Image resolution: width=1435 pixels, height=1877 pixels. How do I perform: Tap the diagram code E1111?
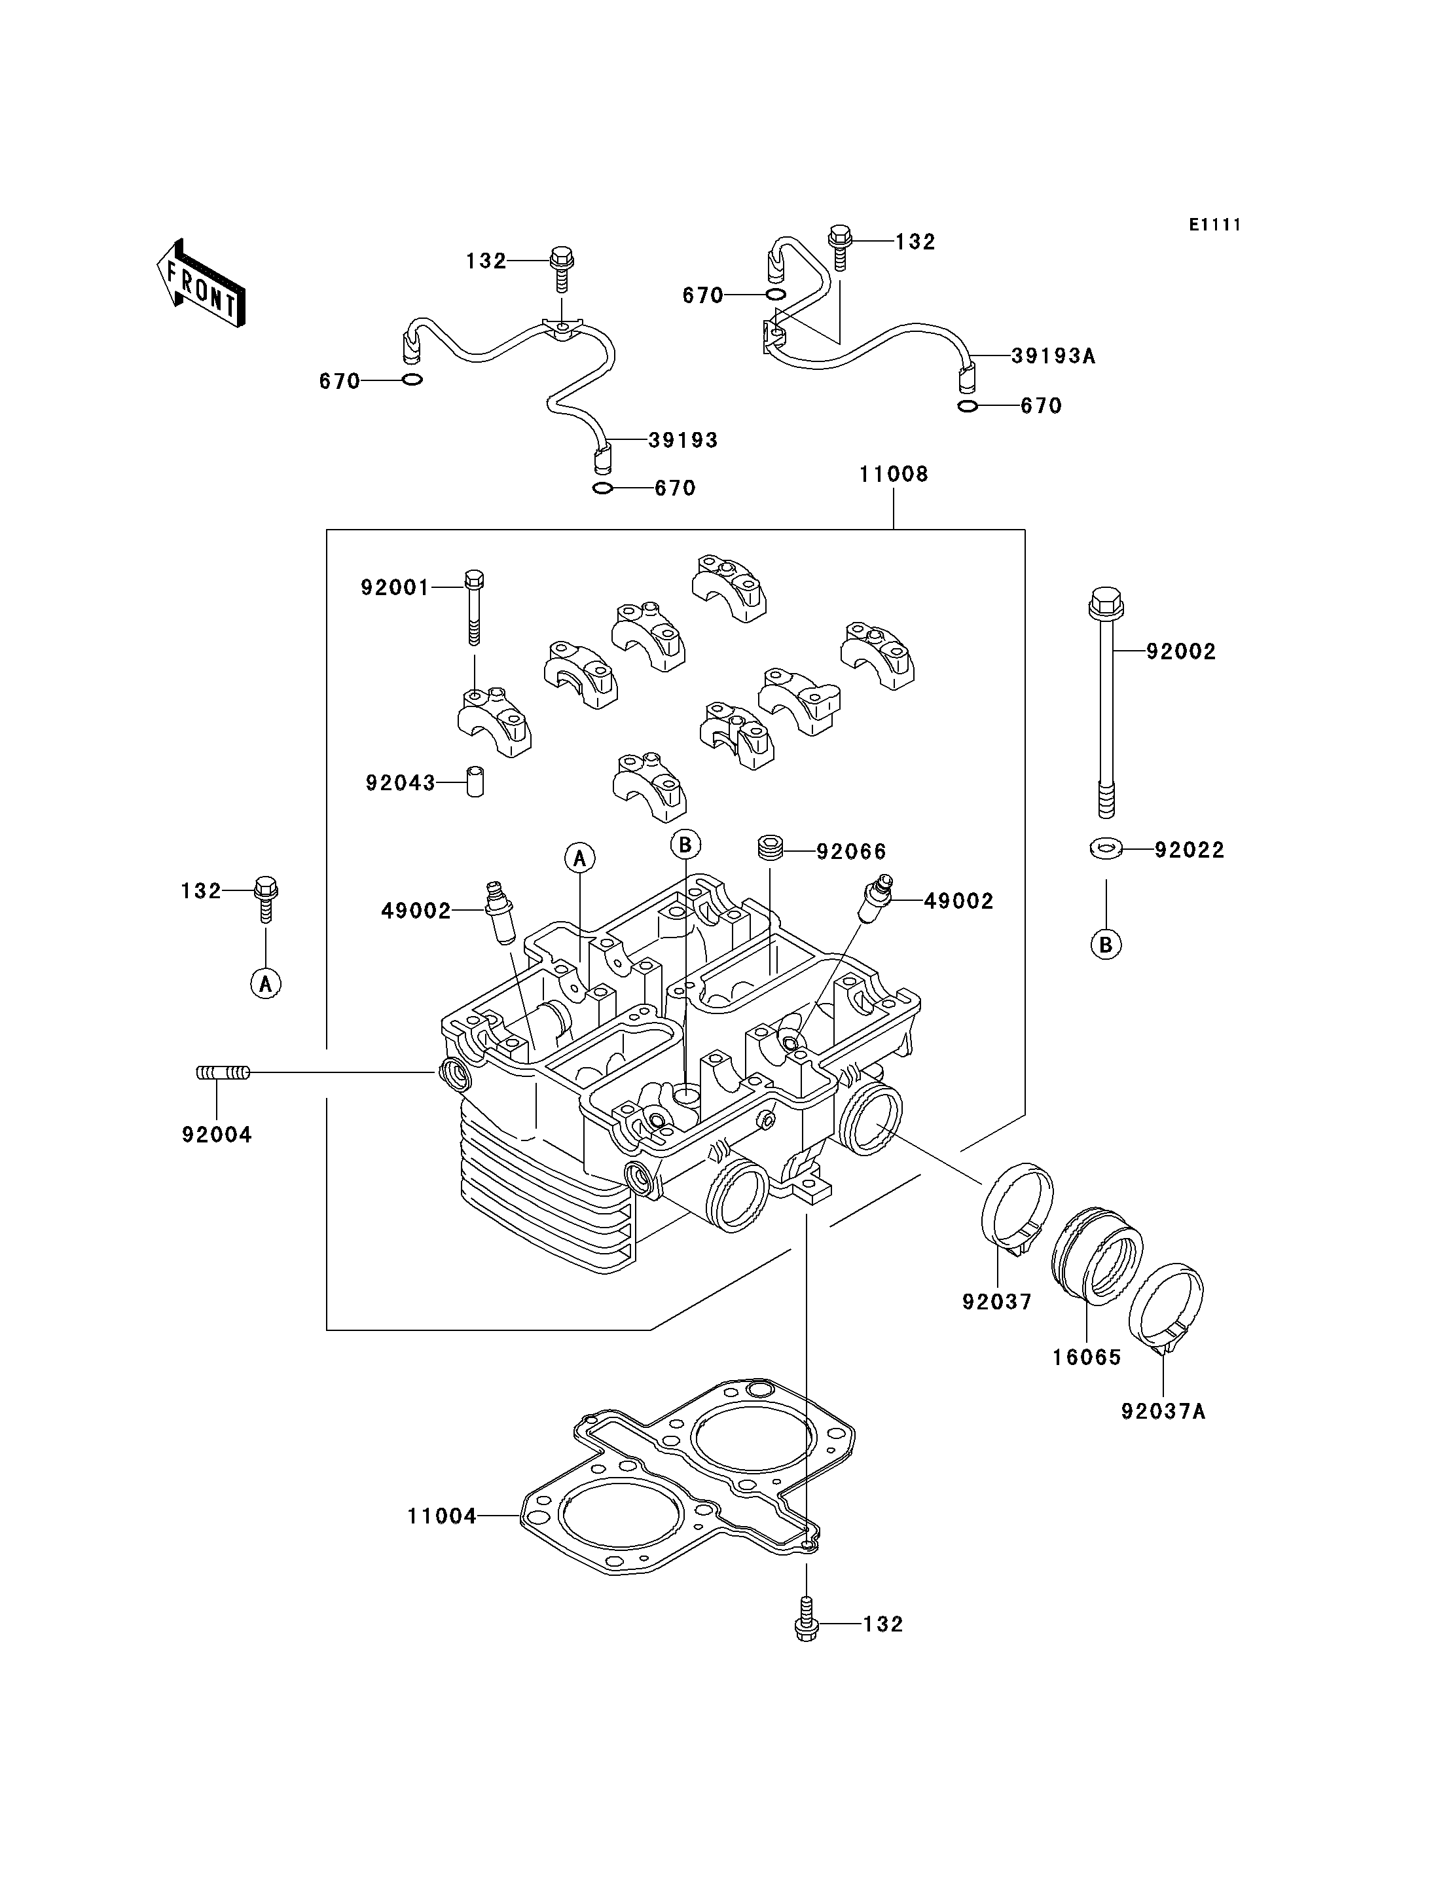click(x=1214, y=225)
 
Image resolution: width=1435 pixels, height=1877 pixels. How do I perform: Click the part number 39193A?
click(x=1053, y=356)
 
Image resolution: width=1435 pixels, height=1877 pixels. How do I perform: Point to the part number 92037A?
click(x=1163, y=1412)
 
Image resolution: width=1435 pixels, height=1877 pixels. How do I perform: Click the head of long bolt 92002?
click(x=1106, y=603)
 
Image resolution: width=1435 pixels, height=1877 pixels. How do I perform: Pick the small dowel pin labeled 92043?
click(x=475, y=782)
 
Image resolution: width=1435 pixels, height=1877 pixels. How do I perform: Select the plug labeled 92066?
click(x=771, y=849)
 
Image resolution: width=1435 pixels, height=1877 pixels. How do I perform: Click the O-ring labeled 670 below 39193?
click(x=602, y=488)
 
